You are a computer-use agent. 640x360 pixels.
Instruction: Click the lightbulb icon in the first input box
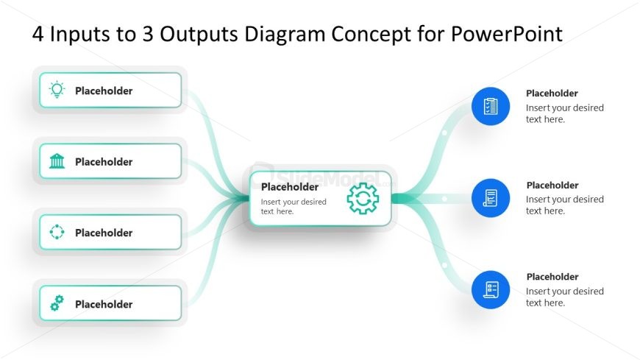(57, 91)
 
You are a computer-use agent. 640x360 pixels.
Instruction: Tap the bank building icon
(57, 161)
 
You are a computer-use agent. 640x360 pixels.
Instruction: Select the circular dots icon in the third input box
(57, 233)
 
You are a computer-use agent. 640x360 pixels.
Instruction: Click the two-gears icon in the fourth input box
(57, 303)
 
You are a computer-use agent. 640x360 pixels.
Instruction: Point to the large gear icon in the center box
(363, 199)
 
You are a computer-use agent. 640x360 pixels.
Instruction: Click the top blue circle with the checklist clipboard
(491, 106)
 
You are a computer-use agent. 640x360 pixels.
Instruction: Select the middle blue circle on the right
(491, 198)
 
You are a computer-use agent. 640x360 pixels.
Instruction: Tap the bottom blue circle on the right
(491, 289)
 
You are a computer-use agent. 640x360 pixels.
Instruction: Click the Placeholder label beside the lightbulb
(104, 91)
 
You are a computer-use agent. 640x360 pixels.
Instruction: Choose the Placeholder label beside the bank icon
(104, 162)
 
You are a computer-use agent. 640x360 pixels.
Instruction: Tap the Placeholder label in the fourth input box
(104, 304)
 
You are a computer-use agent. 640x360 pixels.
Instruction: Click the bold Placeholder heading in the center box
(290, 187)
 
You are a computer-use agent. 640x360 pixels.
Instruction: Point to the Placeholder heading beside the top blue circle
(552, 93)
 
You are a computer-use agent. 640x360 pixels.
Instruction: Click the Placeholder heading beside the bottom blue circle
(552, 277)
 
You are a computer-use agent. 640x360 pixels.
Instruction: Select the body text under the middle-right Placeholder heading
(564, 205)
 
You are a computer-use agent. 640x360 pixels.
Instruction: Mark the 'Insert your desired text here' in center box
(293, 207)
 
